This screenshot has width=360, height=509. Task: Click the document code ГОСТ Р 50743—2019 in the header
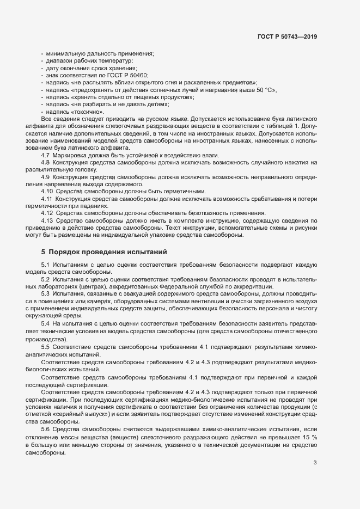(x=286, y=36)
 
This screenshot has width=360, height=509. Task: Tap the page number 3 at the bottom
(x=315, y=463)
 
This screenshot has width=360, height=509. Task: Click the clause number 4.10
(x=47, y=191)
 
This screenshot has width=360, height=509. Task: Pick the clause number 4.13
(x=47, y=220)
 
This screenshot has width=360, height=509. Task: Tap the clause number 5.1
(x=46, y=264)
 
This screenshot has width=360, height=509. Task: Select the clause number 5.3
(x=46, y=293)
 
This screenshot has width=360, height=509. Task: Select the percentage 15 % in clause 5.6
(x=310, y=437)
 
